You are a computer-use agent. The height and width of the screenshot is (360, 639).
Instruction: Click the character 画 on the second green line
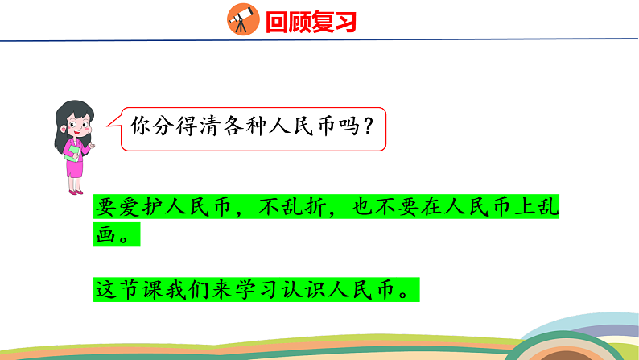(105, 236)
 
